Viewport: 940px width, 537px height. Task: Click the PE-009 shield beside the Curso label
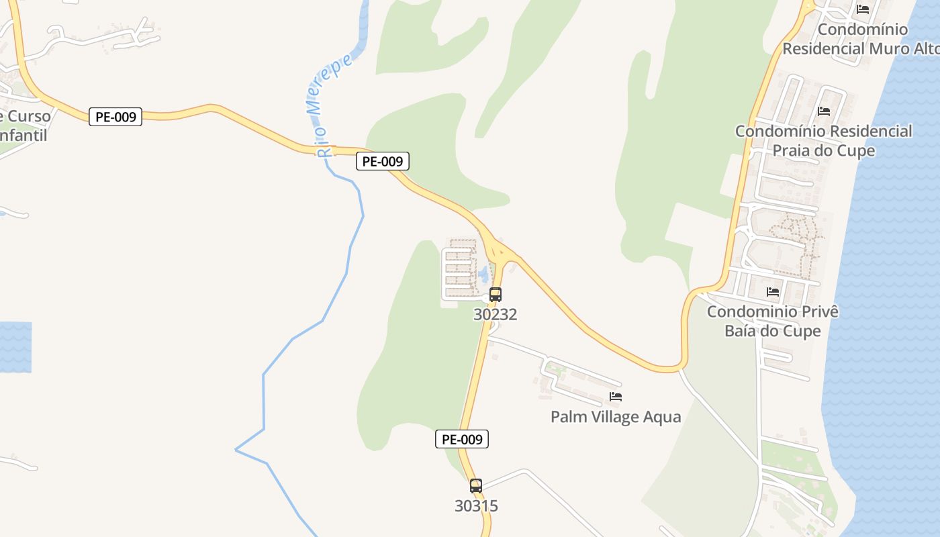(115, 117)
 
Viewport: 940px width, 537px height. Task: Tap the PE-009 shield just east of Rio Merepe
(382, 161)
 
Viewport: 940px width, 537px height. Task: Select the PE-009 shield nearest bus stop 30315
(461, 440)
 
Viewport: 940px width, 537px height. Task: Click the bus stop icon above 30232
(495, 294)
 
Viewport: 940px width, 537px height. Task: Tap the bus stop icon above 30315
(475, 485)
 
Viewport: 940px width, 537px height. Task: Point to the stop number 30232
(495, 314)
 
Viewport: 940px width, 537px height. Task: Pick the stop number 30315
(476, 505)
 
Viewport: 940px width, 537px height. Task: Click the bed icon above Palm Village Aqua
(615, 397)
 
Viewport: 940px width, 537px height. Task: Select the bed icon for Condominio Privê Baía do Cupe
(773, 292)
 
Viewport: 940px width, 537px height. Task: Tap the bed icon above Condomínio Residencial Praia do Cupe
(824, 111)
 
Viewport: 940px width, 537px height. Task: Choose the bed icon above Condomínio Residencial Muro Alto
(863, 9)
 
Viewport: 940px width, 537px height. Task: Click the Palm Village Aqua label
(615, 417)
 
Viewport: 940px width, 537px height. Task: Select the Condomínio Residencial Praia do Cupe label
(824, 140)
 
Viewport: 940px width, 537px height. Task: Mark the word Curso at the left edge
(28, 116)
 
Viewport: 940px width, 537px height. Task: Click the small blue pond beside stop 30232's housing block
(483, 274)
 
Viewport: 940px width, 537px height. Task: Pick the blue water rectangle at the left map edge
(15, 347)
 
